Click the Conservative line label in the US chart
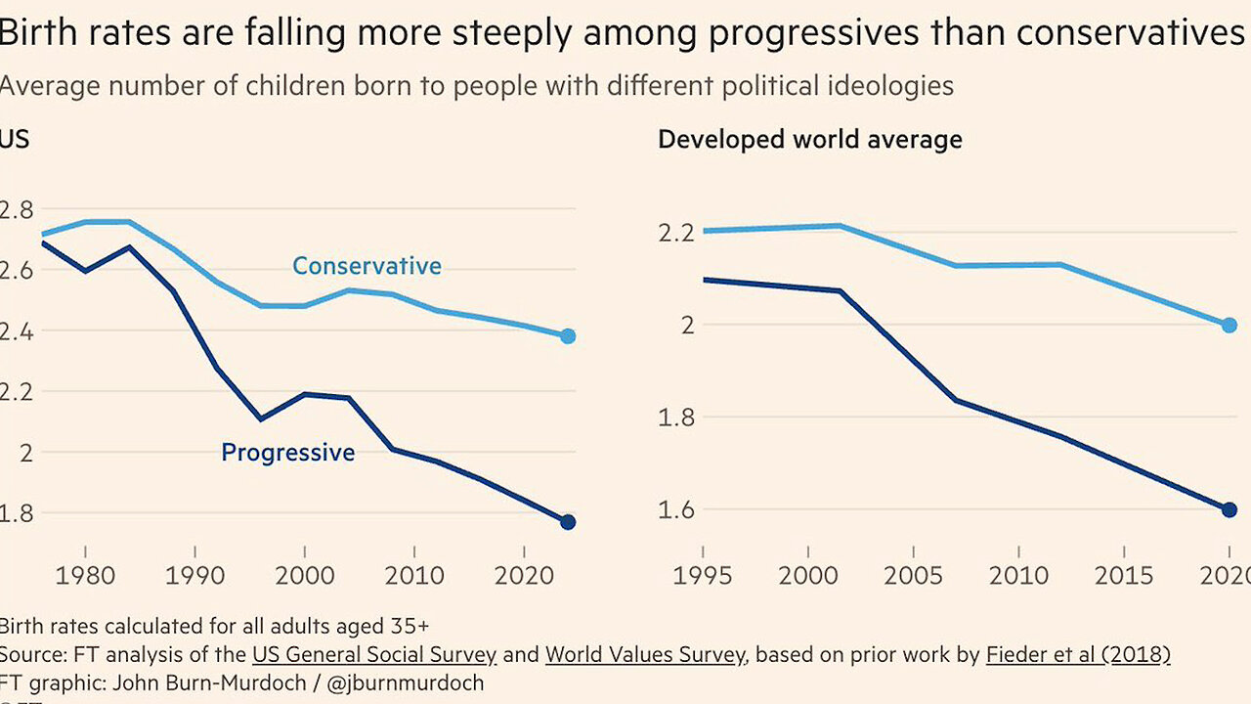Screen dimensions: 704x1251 [x=367, y=266]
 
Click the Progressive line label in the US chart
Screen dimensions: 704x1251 [x=288, y=452]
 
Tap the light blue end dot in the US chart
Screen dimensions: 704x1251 [x=568, y=336]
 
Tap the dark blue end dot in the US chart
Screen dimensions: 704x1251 [x=568, y=522]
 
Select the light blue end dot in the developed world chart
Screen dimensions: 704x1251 [x=1229, y=325]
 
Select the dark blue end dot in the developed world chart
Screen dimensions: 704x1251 [x=1229, y=509]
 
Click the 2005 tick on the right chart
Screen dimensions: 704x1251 [x=914, y=575]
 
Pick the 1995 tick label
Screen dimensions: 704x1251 [x=704, y=575]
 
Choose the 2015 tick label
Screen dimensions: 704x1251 [x=1124, y=575]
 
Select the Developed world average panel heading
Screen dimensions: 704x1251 [x=809, y=140]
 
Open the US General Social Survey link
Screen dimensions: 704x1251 [x=373, y=654]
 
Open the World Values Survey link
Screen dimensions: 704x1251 [x=644, y=654]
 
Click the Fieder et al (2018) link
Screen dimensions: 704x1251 [x=1078, y=654]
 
